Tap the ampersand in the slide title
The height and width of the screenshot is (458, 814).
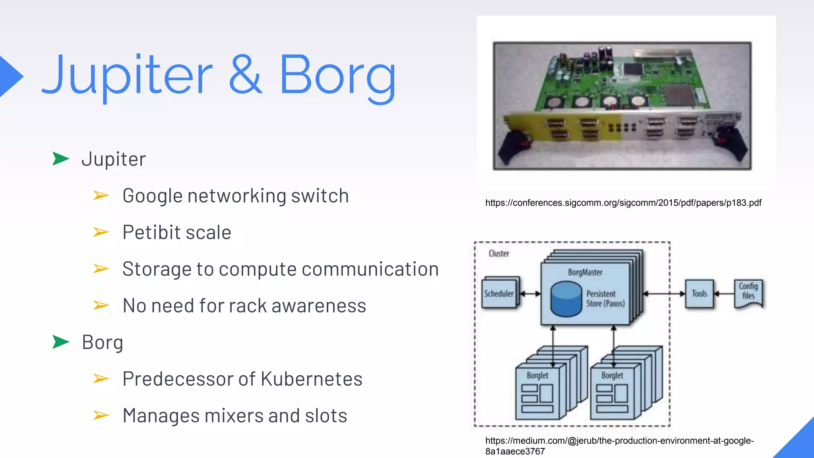245,75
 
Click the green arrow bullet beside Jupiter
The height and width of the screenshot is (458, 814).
60,159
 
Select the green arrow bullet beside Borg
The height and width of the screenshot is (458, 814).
60,342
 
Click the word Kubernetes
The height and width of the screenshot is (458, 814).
312,378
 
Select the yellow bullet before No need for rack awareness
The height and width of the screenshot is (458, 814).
101,305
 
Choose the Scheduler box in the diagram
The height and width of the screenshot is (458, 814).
499,293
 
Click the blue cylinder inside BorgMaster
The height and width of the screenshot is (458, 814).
566,299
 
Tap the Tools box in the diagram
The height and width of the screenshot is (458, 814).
699,293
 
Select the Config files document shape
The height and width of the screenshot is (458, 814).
748,293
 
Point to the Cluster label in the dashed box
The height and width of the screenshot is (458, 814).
499,253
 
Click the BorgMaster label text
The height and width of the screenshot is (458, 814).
585,272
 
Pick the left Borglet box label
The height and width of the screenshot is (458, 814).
537,375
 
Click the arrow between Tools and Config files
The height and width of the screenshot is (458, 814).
724,294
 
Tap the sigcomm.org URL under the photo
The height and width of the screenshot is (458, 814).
623,203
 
